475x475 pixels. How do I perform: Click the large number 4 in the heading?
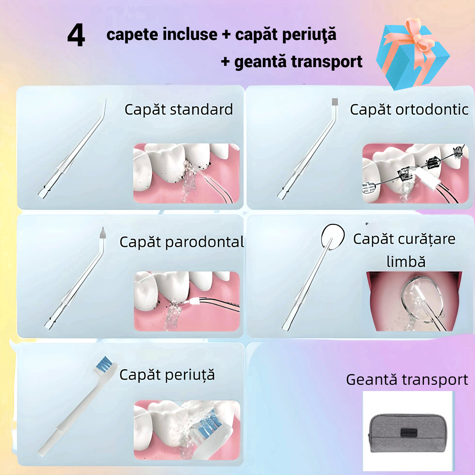[x=76, y=35]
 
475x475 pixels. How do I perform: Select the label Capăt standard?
[x=179, y=110]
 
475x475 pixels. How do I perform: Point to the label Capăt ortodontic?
[x=409, y=110]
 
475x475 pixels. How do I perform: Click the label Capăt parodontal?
[x=181, y=242]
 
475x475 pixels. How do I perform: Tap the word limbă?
[x=406, y=262]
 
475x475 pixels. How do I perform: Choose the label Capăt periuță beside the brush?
[x=167, y=375]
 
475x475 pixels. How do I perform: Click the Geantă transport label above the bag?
[x=407, y=379]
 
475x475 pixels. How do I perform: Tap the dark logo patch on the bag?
[x=409, y=433]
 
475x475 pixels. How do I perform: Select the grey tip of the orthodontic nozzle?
[x=335, y=102]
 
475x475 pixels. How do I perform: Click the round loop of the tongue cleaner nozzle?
[x=333, y=236]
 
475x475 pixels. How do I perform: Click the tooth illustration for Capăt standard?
[x=186, y=173]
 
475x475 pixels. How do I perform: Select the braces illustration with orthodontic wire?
[x=415, y=173]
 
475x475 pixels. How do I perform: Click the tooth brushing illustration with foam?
[x=187, y=430]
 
